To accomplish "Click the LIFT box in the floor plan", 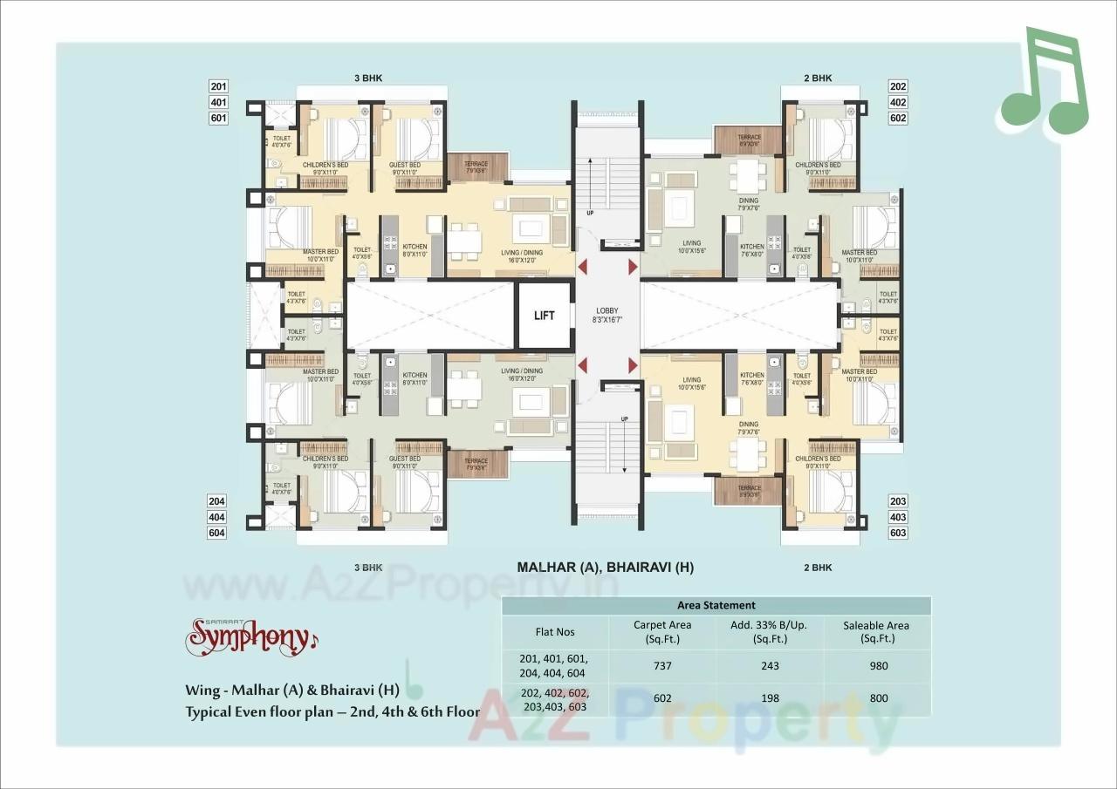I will [544, 316].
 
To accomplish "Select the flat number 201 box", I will [218, 86].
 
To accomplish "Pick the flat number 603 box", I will [898, 533].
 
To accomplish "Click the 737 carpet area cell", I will [662, 666].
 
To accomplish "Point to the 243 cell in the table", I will [770, 666].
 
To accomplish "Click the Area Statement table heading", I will [716, 605].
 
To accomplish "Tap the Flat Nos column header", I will [555, 631].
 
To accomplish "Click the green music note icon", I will [1044, 83].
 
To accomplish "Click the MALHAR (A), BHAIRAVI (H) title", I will [605, 568].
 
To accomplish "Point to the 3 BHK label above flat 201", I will [368, 78].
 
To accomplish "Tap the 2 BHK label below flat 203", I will [818, 568].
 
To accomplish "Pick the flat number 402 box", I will [898, 102].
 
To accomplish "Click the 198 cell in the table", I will [770, 698].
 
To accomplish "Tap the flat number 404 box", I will [217, 517].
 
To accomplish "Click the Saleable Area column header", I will [877, 631].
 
